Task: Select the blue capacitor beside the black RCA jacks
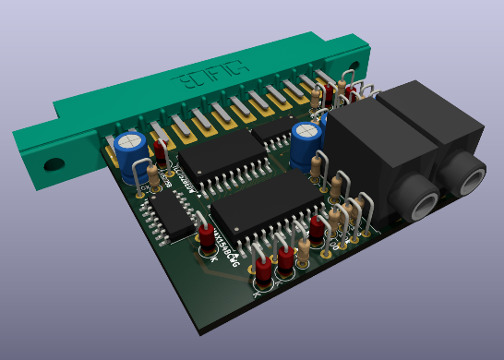[x=305, y=141]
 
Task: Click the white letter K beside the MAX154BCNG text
[x=213, y=259]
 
